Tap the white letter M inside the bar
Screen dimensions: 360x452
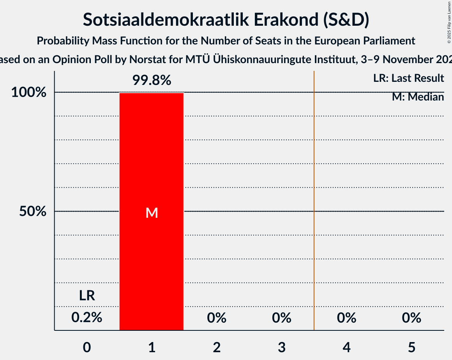152,213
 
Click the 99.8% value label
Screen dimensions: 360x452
152,81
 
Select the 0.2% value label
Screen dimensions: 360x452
87,318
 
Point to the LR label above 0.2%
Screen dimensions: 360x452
87,296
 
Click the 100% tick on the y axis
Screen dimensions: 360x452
30,93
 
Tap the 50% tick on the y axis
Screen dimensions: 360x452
33,212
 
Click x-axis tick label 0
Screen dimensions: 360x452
87,347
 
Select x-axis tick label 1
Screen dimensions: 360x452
152,347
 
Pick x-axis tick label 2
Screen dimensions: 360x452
217,347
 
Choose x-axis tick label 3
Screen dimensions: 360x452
282,347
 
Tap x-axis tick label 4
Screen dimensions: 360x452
347,347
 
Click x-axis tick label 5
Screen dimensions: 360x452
411,347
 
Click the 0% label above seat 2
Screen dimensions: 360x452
217,318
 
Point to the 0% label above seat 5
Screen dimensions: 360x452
411,318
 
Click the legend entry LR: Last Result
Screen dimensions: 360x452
408,78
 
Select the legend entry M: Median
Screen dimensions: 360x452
418,97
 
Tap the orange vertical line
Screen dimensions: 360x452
314,195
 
